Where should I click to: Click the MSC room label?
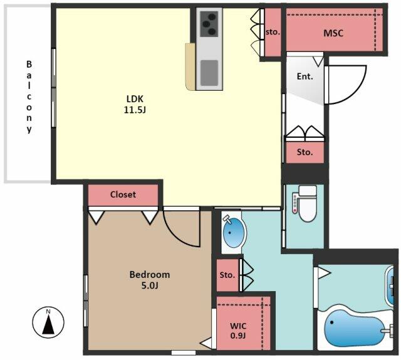333,33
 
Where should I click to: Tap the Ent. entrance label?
305,76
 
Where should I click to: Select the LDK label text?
135,99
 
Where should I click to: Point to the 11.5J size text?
135,110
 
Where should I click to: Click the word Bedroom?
150,275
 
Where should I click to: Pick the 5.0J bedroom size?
150,285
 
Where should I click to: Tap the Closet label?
123,195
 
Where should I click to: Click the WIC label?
238,326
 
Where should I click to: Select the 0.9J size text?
238,336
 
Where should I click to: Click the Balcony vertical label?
29,97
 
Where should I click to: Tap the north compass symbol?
48,322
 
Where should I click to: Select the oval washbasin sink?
233,232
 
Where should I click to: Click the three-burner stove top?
209,24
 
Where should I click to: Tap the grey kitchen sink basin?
209,73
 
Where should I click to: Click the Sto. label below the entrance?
305,152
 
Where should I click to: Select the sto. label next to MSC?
273,32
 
